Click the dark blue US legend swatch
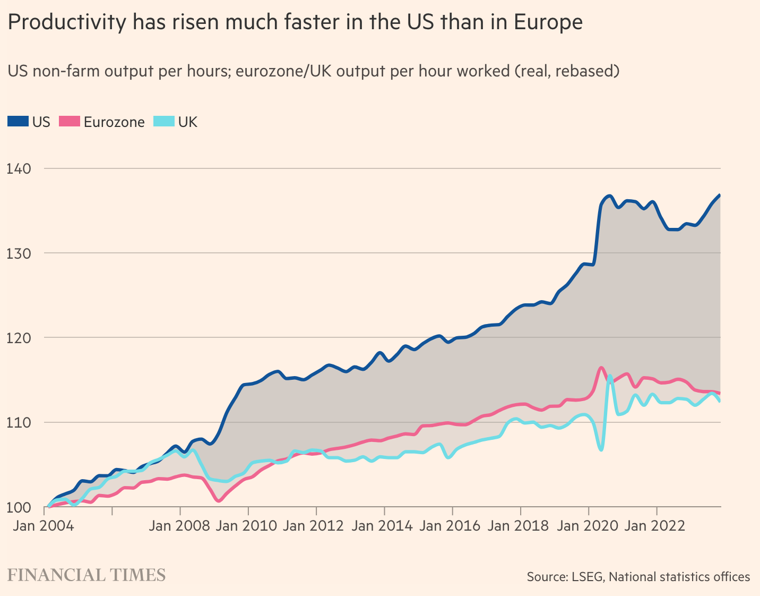point(18,122)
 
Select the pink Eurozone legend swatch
point(69,122)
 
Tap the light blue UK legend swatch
point(163,122)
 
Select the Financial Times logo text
point(87,575)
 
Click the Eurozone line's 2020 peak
point(601,368)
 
